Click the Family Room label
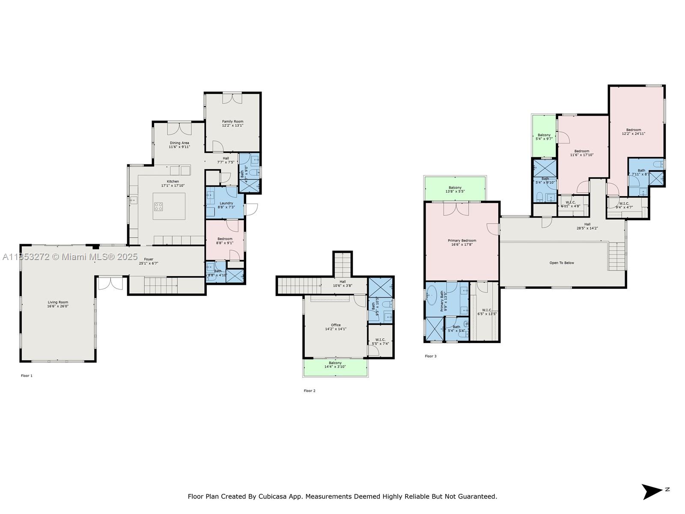pos(232,122)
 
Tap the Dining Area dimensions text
pos(179,147)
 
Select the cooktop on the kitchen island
pos(158,207)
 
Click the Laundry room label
pos(226,203)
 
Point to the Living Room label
pos(58,302)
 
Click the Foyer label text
pos(149,259)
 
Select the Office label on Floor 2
pos(336,325)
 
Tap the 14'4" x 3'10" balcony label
pos(335,367)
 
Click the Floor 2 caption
pos(310,391)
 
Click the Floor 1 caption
pos(27,376)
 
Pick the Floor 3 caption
pos(431,356)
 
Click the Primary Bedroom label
pos(462,241)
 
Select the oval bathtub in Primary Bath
pos(432,296)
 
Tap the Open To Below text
pos(562,263)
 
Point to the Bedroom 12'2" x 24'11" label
pos(634,130)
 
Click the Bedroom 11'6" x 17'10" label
pos(582,151)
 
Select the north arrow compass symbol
pos(652,491)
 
